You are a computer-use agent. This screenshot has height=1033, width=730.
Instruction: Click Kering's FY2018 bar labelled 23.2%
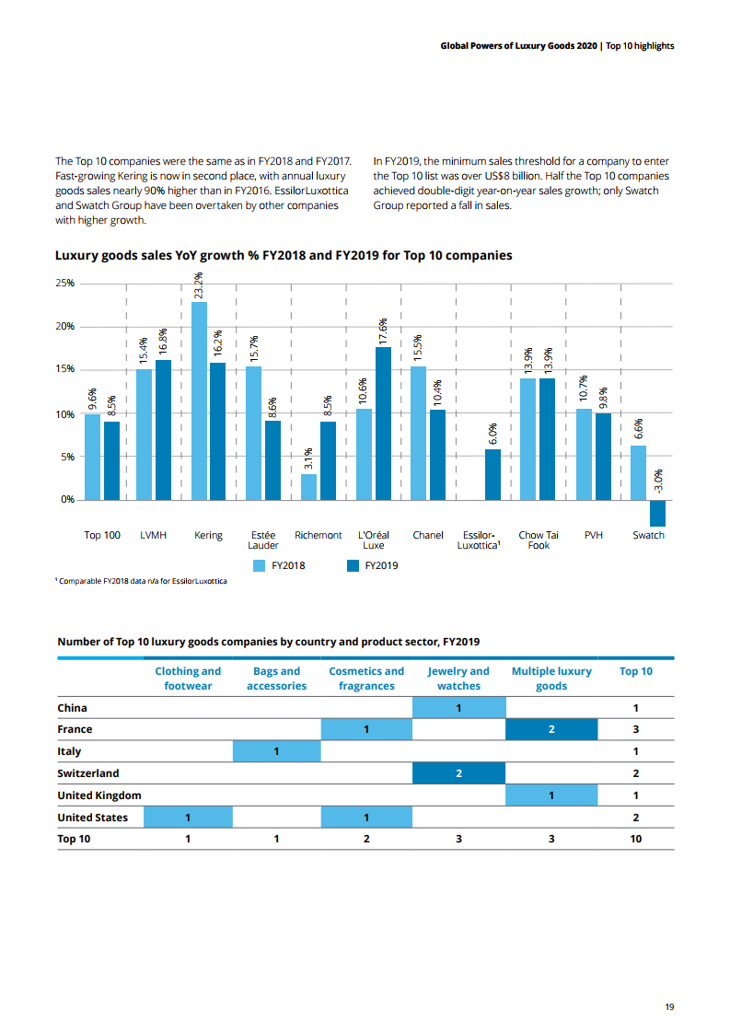(199, 400)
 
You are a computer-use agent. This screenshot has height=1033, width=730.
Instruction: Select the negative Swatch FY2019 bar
(657, 513)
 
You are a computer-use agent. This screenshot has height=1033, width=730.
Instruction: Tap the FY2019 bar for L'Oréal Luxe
(383, 424)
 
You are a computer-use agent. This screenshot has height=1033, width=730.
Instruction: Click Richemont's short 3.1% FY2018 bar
(308, 487)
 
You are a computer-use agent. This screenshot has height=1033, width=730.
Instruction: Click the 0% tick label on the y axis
(66, 500)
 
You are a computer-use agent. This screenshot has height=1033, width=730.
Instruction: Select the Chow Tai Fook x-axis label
(539, 540)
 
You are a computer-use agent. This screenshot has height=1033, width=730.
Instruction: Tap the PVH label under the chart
(594, 535)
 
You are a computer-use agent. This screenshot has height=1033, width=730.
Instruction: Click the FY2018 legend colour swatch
(262, 565)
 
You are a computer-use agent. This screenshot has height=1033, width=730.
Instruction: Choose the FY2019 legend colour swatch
(353, 565)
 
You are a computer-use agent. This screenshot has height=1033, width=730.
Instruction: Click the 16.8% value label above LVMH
(163, 342)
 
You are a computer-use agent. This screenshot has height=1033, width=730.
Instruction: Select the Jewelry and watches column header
(458, 679)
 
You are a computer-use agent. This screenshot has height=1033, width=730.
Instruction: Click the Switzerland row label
(88, 773)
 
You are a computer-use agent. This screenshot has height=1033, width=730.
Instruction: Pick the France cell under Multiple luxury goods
(551, 729)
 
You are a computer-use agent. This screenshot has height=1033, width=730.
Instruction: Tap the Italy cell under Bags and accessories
(277, 751)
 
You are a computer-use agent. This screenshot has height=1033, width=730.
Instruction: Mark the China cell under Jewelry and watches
(458, 707)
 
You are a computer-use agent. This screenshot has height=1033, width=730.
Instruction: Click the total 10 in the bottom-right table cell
(635, 839)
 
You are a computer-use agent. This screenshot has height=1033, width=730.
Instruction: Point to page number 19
(669, 1007)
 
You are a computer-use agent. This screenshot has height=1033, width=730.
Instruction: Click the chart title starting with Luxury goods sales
(284, 255)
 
